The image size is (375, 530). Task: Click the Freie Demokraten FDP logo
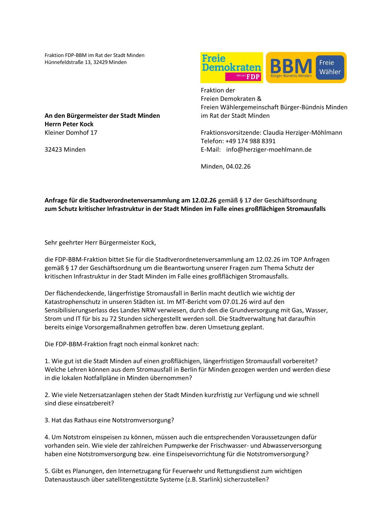[x=232, y=67]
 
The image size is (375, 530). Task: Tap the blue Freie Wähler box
[x=330, y=67]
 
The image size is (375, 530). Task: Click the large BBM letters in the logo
[x=291, y=66]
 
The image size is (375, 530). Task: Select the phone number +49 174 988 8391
[x=250, y=141]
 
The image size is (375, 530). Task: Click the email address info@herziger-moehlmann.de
[x=269, y=150]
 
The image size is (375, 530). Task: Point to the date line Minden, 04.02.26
[x=226, y=167]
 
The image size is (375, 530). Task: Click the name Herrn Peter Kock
[x=69, y=124]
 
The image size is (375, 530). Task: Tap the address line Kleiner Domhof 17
[x=71, y=133]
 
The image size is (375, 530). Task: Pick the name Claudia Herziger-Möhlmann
[x=303, y=133]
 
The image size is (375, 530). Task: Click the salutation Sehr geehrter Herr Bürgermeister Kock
[x=100, y=242]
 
